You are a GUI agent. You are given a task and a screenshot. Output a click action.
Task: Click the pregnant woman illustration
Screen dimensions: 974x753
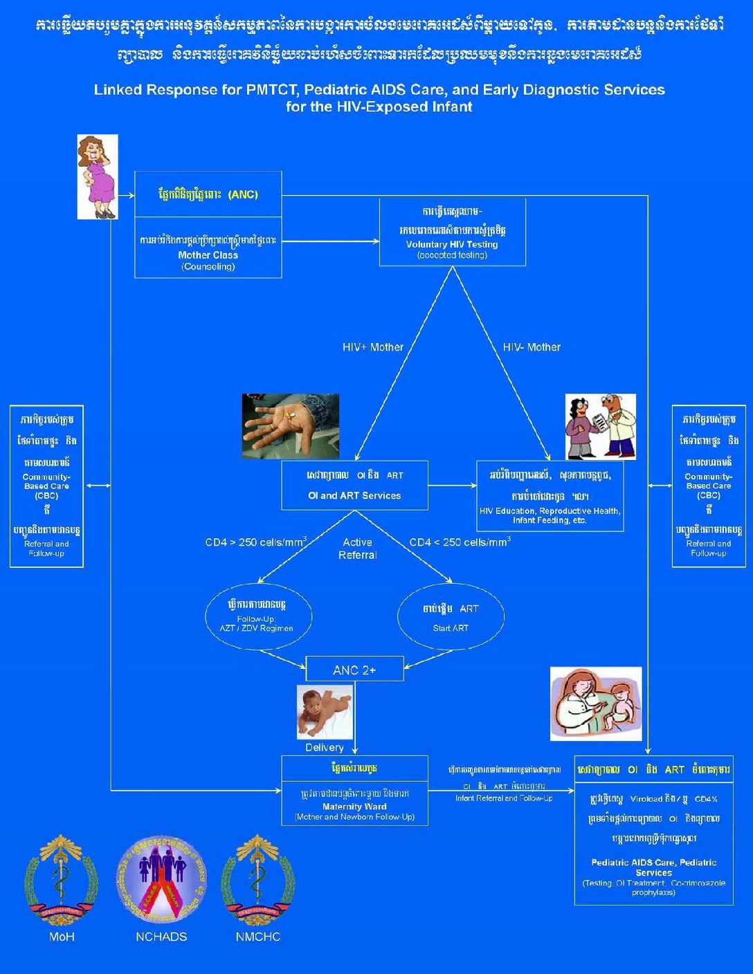click(x=98, y=177)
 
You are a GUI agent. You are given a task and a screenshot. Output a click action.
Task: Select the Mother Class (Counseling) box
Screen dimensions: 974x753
click(x=208, y=249)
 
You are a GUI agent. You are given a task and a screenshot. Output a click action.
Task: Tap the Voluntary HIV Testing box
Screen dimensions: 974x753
click(x=453, y=232)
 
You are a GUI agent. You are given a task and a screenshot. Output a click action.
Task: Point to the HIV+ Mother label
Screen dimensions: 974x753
click(x=373, y=347)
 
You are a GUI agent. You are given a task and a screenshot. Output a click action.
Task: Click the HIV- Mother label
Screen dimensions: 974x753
click(x=532, y=347)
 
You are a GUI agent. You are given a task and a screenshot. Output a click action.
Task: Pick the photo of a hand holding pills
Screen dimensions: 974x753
click(x=291, y=426)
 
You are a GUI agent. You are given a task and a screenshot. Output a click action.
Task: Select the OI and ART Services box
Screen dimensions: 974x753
click(x=354, y=486)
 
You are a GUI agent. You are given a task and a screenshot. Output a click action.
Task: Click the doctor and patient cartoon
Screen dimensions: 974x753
click(x=600, y=427)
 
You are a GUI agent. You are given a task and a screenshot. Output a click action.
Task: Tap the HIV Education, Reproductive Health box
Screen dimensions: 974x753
click(x=550, y=496)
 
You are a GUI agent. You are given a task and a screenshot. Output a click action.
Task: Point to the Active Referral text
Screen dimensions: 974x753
click(x=358, y=549)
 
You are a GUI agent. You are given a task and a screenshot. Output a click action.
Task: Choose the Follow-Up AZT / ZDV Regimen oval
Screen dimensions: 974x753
click(x=258, y=616)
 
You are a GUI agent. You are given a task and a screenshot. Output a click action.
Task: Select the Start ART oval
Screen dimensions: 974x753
click(x=451, y=616)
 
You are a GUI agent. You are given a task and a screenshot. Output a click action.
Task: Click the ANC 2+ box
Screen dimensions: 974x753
click(x=354, y=669)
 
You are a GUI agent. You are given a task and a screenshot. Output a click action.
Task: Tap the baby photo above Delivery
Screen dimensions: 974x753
click(x=325, y=712)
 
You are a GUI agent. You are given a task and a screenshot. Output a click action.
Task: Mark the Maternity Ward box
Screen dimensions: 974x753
click(x=354, y=791)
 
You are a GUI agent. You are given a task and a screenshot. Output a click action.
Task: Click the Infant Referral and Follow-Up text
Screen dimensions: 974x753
click(x=504, y=798)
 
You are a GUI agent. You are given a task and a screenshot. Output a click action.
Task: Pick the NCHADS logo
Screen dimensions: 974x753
click(x=161, y=879)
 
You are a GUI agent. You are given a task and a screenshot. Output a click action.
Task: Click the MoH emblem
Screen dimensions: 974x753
click(x=61, y=880)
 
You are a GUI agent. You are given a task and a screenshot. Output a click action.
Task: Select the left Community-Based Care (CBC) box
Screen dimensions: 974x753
click(x=46, y=486)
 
